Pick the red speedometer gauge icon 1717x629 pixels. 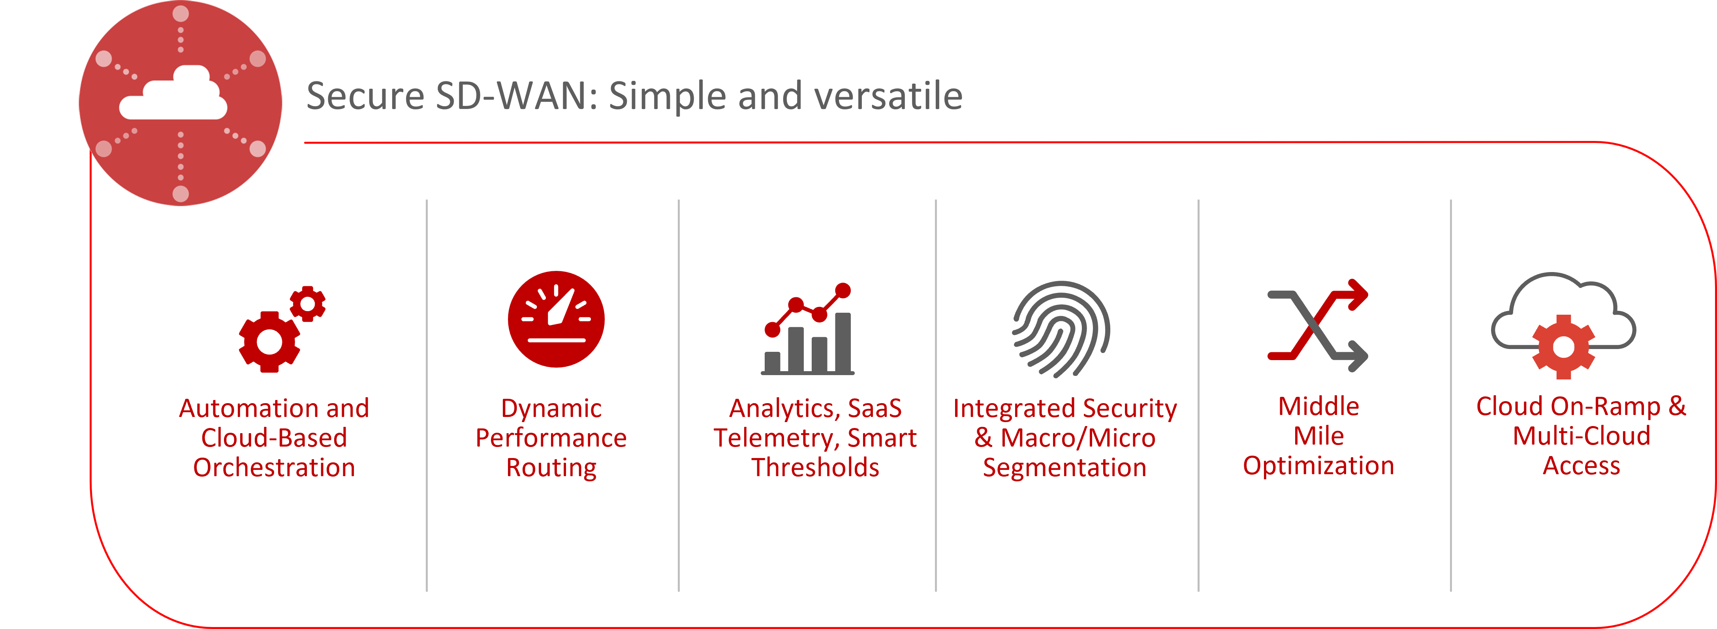pyautogui.click(x=556, y=319)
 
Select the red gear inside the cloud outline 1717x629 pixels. pyautogui.click(x=1563, y=347)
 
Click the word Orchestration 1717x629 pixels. pyautogui.click(x=274, y=468)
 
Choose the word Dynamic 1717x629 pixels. pyautogui.click(x=551, y=408)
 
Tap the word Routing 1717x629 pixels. pyautogui.click(x=551, y=468)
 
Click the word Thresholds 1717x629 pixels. pyautogui.click(x=815, y=468)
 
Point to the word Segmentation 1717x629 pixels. pyautogui.click(x=1064, y=468)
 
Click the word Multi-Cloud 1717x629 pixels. pyautogui.click(x=1581, y=436)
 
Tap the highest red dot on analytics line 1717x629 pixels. pyautogui.click(x=843, y=291)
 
